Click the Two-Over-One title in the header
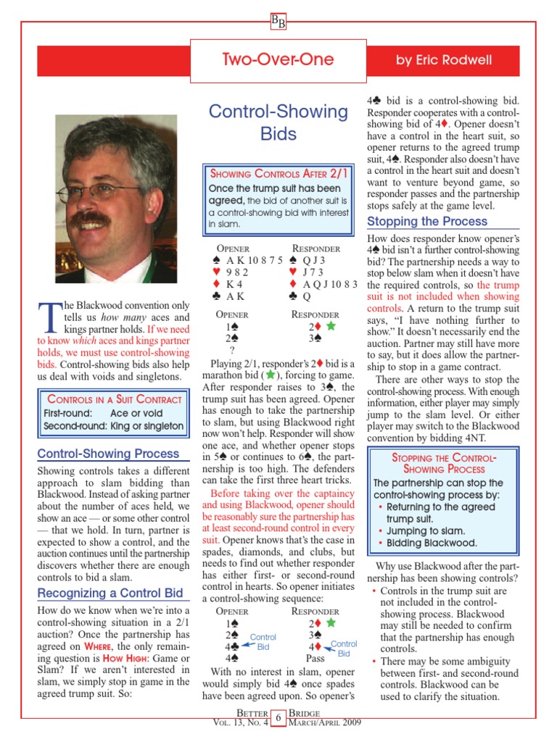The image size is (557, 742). pos(278,60)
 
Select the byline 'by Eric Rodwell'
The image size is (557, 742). pos(443,61)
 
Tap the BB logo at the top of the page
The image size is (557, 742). pos(278,22)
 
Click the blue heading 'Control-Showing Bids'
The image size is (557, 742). pos(278,122)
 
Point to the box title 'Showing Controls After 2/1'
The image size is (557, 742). pos(278,174)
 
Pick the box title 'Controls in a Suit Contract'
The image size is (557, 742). pos(114,399)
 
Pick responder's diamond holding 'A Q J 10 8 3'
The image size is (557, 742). pos(331,284)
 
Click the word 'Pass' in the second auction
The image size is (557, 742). pos(315,658)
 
